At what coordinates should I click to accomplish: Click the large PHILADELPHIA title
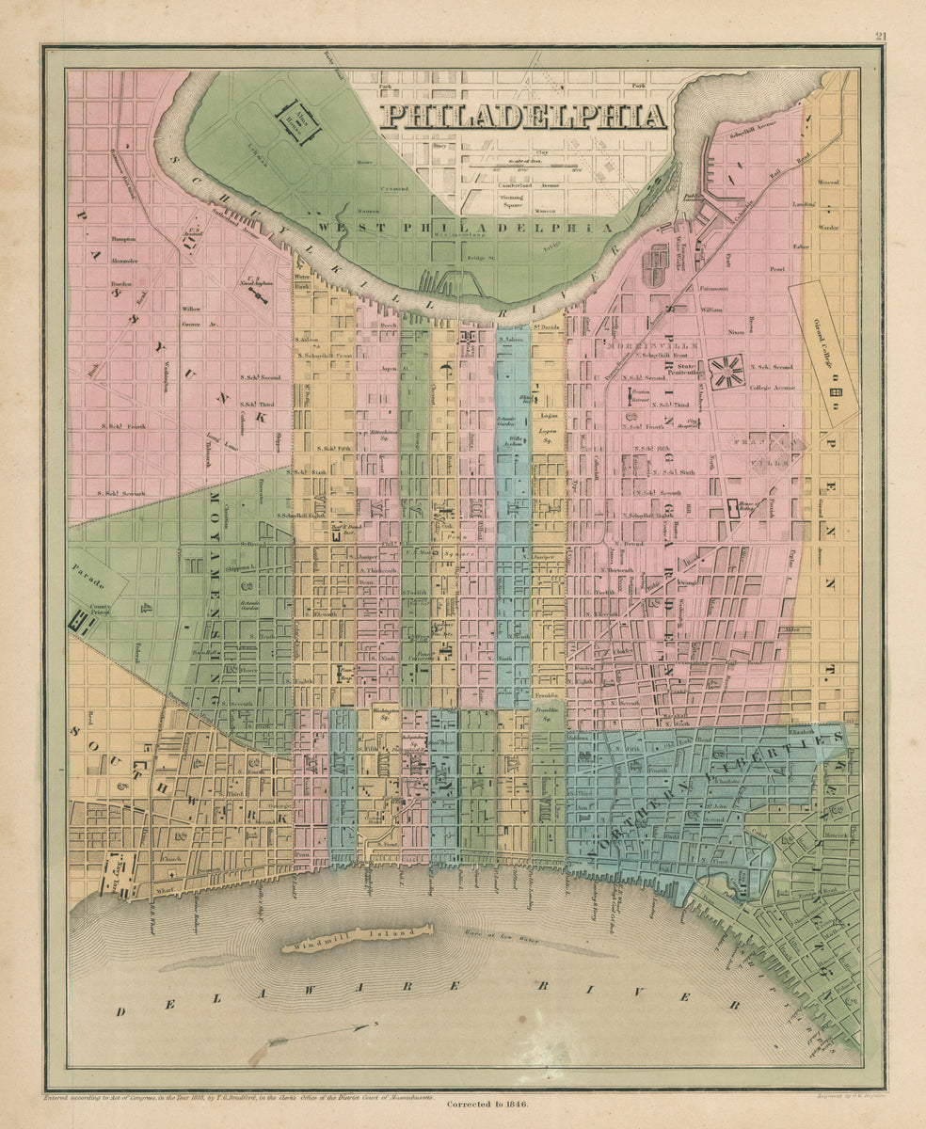pos(523,116)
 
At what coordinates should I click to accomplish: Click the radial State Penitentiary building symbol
pos(726,371)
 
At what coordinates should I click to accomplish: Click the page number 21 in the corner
pos(880,38)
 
